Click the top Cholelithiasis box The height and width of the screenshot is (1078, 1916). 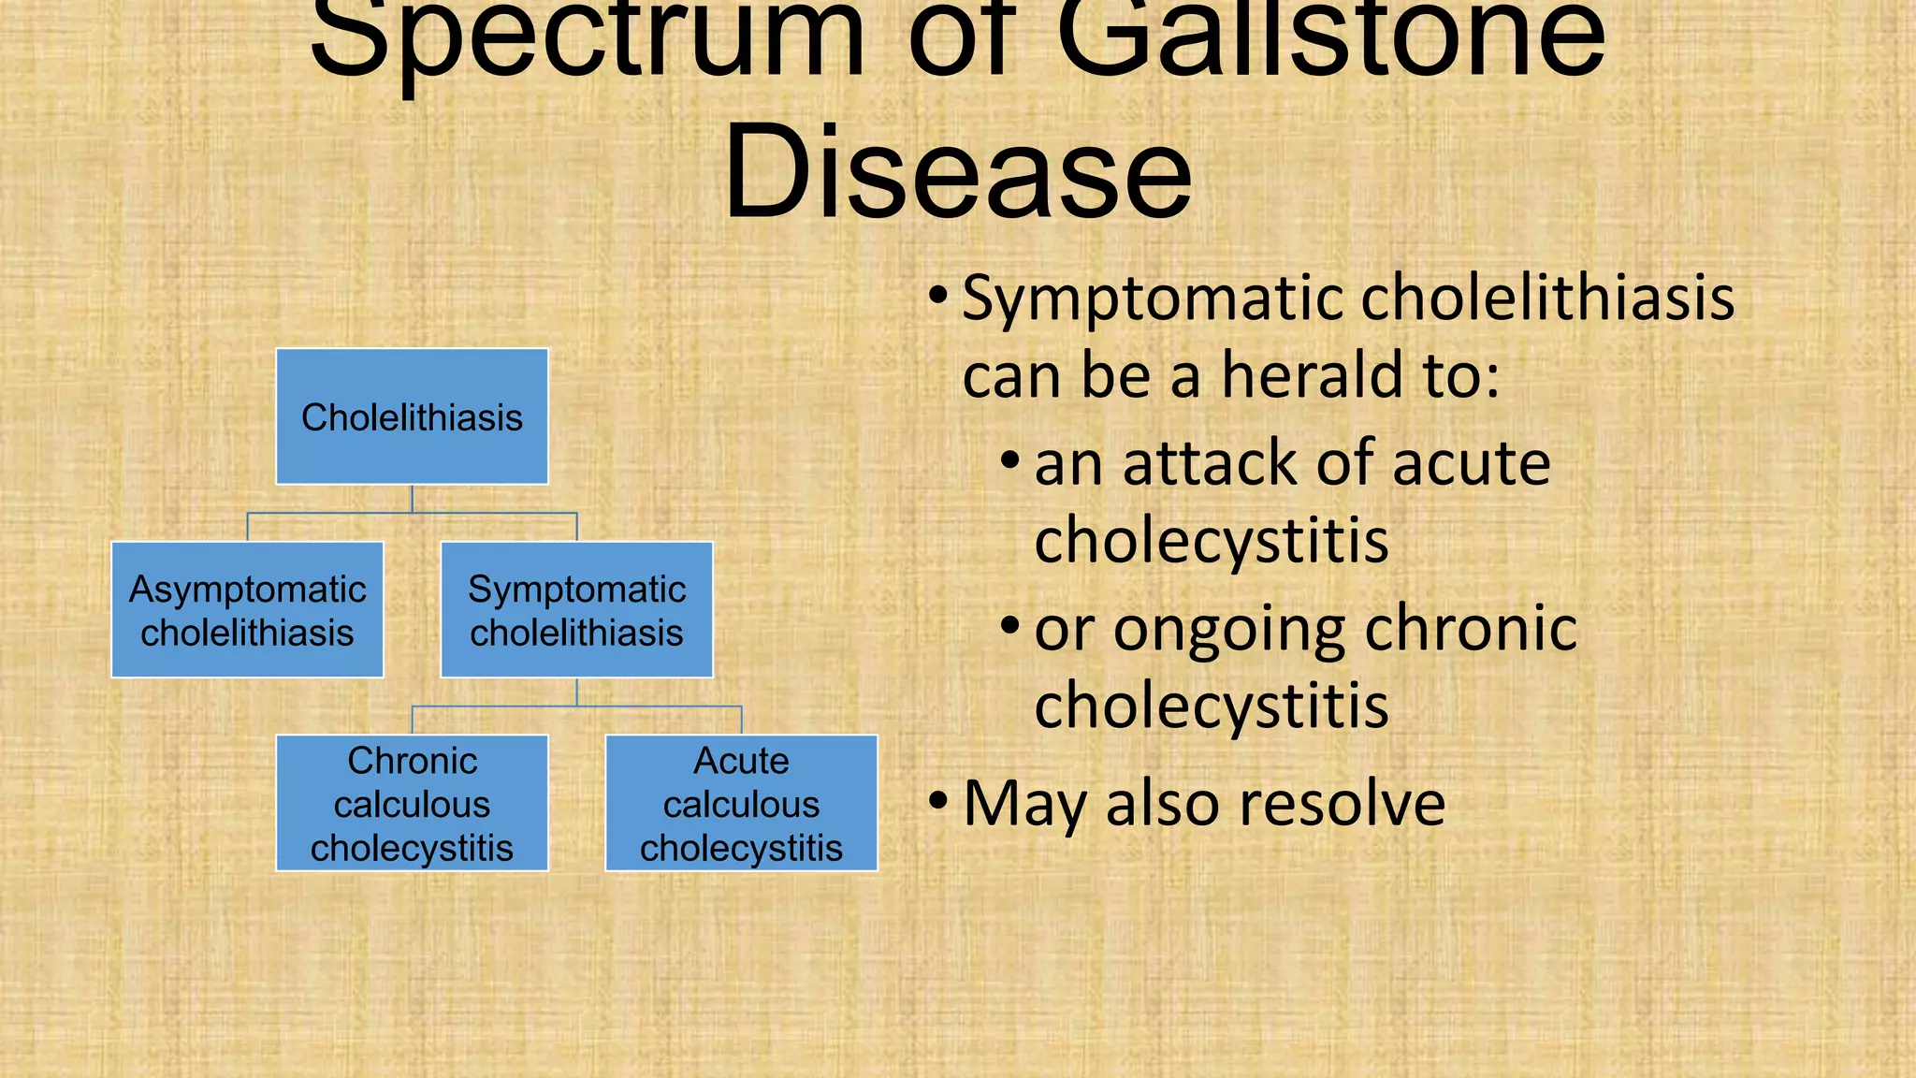click(412, 416)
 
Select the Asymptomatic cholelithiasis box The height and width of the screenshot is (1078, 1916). click(247, 610)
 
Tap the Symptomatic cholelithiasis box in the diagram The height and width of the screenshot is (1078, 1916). click(576, 610)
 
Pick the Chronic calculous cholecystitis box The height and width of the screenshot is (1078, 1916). click(412, 803)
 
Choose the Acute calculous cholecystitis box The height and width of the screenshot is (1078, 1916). click(741, 803)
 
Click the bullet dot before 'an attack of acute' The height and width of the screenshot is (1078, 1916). click(1010, 461)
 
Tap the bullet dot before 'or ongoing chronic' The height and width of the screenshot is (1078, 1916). click(1010, 626)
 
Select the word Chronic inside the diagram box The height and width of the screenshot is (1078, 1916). click(412, 761)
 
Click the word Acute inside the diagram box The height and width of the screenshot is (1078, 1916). click(741, 761)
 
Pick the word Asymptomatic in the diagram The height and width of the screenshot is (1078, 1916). click(247, 590)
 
